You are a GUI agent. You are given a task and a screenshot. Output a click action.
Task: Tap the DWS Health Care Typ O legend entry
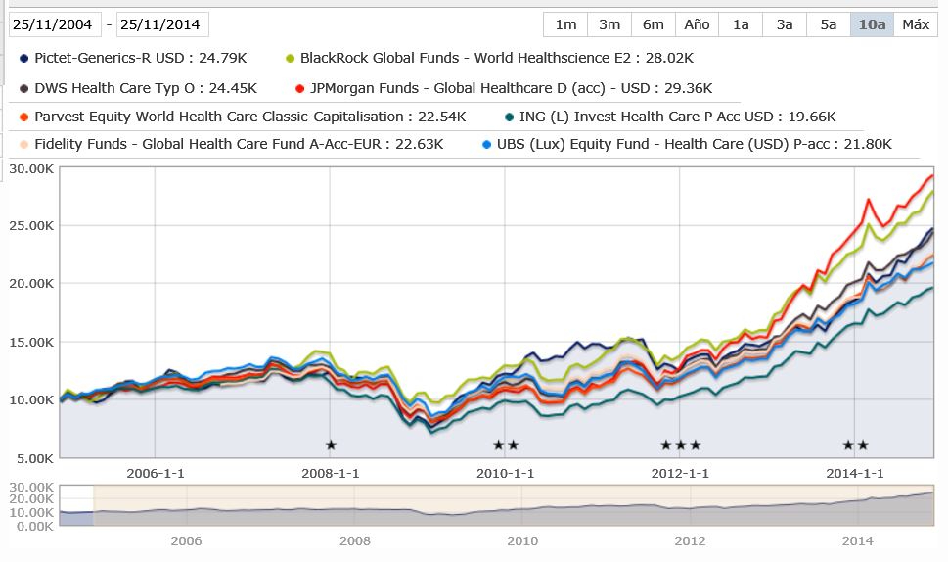138,88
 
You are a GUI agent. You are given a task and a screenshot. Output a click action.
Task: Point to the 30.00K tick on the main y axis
31,168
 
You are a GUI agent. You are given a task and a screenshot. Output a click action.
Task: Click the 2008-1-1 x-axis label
330,473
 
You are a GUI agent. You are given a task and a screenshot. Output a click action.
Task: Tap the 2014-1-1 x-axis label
854,473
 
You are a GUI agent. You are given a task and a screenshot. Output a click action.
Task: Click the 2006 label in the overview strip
186,540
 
